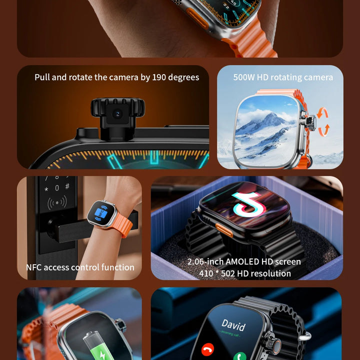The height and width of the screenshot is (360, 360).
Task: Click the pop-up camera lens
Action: [117, 114]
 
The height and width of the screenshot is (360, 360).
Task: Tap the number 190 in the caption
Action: [159, 77]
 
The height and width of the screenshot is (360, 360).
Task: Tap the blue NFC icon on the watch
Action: [101, 213]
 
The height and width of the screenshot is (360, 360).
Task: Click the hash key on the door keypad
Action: [67, 186]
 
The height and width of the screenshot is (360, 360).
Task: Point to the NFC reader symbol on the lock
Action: [57, 202]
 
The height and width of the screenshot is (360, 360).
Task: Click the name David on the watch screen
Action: [233, 325]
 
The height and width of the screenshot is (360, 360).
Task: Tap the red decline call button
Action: [207, 350]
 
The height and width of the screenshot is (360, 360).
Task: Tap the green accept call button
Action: [239, 356]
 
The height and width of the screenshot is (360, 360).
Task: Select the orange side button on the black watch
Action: [224, 230]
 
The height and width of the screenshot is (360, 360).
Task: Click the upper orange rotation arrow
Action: [322, 112]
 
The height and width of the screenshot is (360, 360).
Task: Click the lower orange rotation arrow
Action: [324, 130]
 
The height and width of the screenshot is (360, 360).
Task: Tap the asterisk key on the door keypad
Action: [46, 189]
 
